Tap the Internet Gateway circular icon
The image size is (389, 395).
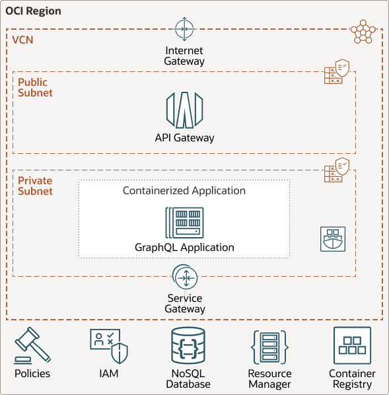click(x=184, y=30)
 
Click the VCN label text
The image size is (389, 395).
click(x=22, y=40)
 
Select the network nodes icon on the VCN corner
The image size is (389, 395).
click(x=363, y=31)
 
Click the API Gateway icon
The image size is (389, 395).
click(x=184, y=110)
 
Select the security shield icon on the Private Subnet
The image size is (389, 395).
click(x=337, y=170)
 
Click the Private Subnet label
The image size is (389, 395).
click(x=35, y=186)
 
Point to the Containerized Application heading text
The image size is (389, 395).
click(x=184, y=191)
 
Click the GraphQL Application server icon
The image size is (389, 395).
click(x=184, y=223)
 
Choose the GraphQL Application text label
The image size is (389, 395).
click(x=184, y=248)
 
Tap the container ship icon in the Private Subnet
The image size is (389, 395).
click(x=333, y=239)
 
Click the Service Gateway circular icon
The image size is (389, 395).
click(x=185, y=278)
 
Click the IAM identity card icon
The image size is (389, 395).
click(x=108, y=345)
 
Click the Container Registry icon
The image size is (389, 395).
click(x=352, y=345)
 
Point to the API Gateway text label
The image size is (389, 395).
click(x=184, y=138)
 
